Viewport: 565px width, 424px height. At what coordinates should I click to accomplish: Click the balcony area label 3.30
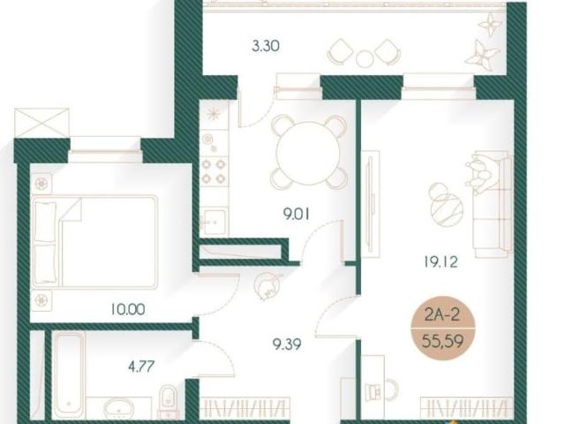pyautogui.click(x=266, y=47)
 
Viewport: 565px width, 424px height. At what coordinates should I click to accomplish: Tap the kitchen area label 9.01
pyautogui.click(x=297, y=215)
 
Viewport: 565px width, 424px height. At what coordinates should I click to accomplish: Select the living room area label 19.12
pyautogui.click(x=441, y=261)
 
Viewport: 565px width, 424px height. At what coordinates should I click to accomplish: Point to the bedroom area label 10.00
pyautogui.click(x=128, y=309)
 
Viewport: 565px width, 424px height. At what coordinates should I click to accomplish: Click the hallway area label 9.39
pyautogui.click(x=287, y=344)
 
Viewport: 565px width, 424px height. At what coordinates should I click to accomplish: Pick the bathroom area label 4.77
pyautogui.click(x=141, y=367)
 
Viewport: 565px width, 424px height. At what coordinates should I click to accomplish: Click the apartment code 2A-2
pyautogui.click(x=442, y=315)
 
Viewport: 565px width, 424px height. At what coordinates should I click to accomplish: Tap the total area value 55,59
pyautogui.click(x=443, y=340)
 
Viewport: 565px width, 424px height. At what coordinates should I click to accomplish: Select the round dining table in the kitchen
pyautogui.click(x=308, y=152)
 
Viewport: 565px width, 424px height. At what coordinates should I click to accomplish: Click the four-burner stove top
pyautogui.click(x=215, y=170)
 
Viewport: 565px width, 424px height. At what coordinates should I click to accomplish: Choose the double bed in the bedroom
pyautogui.click(x=94, y=241)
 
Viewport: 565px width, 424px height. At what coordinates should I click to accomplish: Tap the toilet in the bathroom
pyautogui.click(x=168, y=400)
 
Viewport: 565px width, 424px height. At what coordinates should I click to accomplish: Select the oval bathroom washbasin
pyautogui.click(x=119, y=408)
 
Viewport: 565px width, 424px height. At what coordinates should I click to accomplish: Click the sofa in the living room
pyautogui.click(x=493, y=204)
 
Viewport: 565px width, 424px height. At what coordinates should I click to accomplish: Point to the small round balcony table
pyautogui.click(x=365, y=58)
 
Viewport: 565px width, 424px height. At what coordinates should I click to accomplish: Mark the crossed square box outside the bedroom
pyautogui.click(x=41, y=123)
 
